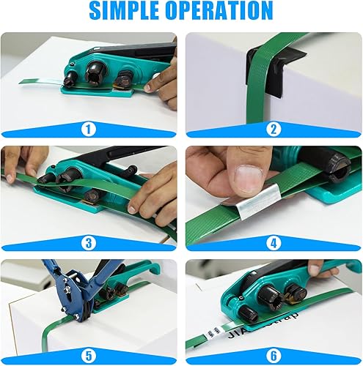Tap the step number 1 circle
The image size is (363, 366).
click(x=89, y=130)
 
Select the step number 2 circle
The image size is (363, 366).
click(x=274, y=130)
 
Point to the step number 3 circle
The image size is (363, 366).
click(x=89, y=242)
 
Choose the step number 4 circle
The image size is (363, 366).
click(x=274, y=242)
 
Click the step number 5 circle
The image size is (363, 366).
click(x=89, y=356)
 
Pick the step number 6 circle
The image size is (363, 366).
click(x=274, y=356)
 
